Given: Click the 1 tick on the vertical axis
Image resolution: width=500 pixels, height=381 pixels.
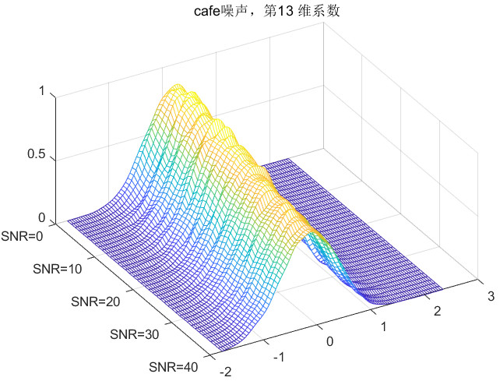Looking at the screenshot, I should click(40, 91).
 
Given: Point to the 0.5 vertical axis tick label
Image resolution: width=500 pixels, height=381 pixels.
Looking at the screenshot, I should click(36, 154).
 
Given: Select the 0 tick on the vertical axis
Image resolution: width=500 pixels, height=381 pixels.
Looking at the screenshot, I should click(40, 218).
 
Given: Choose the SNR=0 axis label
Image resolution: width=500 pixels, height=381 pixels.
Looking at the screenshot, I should click(24, 235).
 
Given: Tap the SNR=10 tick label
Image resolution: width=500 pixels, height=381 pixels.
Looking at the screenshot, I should click(58, 268).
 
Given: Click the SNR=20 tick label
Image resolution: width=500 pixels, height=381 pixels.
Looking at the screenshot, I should click(96, 301).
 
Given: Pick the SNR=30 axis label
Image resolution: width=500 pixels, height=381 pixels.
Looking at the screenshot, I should click(134, 334).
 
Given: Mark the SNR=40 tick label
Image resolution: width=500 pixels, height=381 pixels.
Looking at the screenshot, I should click(172, 367).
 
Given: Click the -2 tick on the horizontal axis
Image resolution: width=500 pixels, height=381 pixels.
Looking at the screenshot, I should click(226, 372).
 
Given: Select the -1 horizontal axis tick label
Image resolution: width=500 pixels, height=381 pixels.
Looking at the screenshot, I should click(278, 356).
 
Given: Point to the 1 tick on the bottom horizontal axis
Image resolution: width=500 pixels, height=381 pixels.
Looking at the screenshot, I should click(382, 326).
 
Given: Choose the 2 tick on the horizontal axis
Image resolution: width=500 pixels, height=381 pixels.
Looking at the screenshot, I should click(436, 311).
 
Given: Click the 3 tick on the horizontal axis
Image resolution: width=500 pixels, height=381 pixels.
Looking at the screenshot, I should click(489, 295).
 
